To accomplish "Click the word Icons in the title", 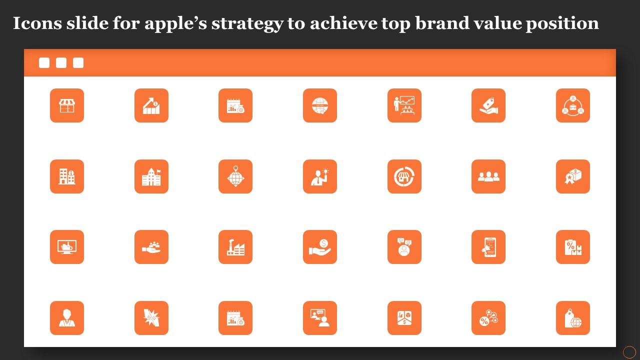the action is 37,23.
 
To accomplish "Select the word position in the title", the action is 562,23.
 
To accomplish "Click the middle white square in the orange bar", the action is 61,63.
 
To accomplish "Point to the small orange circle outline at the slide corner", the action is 629,352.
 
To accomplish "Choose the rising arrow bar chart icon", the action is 151,105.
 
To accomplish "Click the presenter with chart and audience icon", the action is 404,105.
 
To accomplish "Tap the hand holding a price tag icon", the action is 488,105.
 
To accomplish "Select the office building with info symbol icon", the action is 67,176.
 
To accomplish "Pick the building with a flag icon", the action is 151,176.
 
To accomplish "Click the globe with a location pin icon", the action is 235,176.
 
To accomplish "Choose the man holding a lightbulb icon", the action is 320,176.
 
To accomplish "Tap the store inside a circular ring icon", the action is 404,176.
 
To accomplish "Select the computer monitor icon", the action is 67,247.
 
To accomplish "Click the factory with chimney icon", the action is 235,247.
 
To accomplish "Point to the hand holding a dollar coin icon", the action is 320,247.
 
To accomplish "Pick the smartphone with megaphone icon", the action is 488,247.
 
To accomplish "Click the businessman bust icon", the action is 67,317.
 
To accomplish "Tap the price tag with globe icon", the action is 573,317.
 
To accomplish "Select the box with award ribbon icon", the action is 573,176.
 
